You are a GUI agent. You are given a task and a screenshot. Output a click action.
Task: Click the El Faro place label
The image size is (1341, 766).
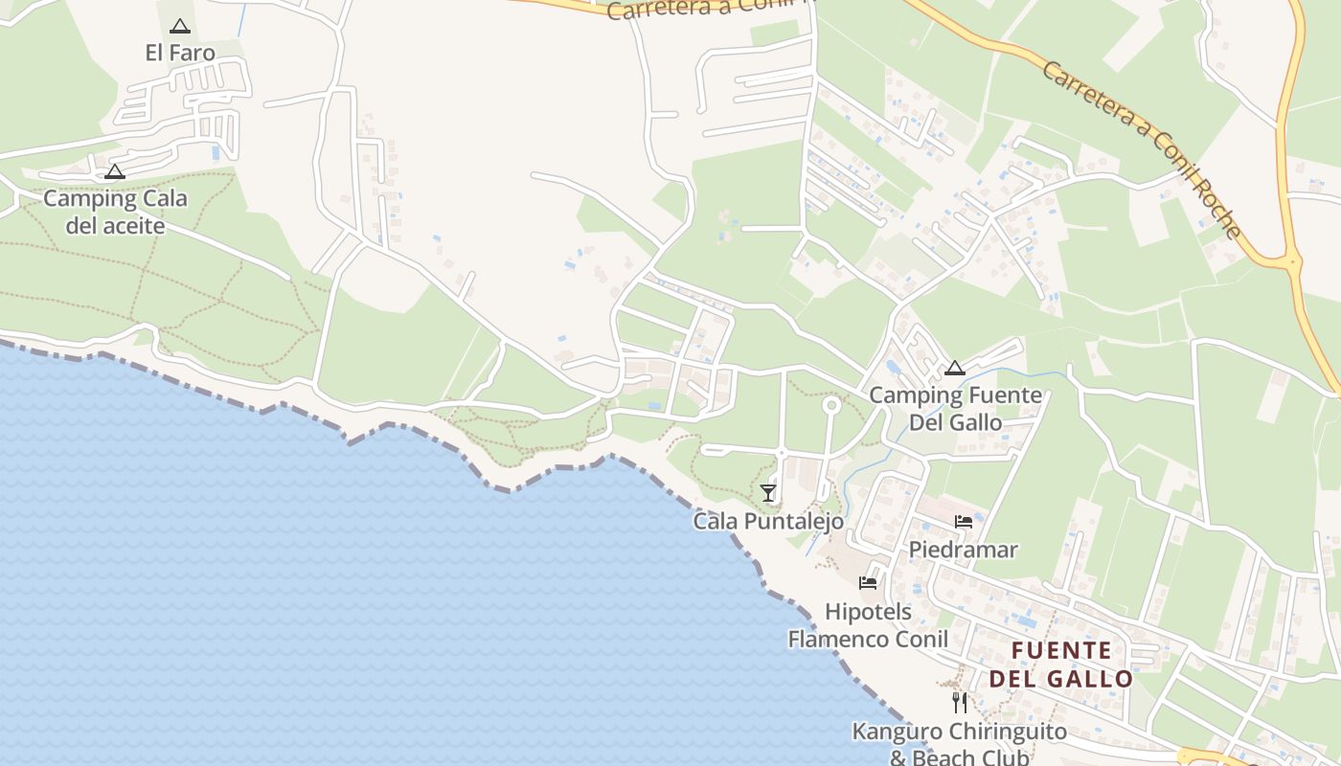[x=180, y=53]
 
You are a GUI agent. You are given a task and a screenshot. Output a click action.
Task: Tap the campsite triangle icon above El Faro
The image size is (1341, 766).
[x=180, y=27]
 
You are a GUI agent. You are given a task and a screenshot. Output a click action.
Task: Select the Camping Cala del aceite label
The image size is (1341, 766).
[x=115, y=213]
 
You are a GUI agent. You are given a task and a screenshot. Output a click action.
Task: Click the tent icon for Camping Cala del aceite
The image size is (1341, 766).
[x=115, y=172]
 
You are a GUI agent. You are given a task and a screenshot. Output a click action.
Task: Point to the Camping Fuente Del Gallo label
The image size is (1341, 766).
[x=955, y=409]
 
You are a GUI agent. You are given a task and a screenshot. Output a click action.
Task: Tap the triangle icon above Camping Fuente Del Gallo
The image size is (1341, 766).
[x=954, y=369]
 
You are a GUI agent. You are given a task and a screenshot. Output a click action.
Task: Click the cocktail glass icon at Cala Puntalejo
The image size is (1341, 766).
[x=768, y=493]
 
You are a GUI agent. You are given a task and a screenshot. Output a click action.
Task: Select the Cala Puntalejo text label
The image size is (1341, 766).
[x=768, y=522]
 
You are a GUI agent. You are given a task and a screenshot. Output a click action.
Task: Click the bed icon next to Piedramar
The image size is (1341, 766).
[x=964, y=522]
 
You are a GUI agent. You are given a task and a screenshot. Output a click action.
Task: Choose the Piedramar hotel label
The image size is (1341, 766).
[x=964, y=551]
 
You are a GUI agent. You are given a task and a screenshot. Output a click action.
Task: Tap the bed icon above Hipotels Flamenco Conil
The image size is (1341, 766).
[x=868, y=582]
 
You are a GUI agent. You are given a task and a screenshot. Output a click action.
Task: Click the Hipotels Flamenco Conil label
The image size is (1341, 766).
[x=868, y=625]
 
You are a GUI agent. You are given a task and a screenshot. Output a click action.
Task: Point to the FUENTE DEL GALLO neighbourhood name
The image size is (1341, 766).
[x=1061, y=665]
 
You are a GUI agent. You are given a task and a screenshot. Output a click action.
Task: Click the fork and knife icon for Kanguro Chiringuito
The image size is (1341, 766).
[x=960, y=703]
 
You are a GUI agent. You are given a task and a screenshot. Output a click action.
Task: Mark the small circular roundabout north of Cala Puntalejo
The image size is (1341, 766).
[x=831, y=406]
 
